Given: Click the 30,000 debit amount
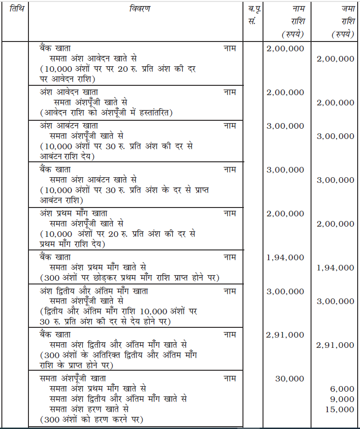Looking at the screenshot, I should pyautogui.click(x=290, y=379).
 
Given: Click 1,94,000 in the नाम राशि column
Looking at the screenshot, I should pyautogui.click(x=285, y=257).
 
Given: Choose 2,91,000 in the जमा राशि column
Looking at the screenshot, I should pyautogui.click(x=335, y=345).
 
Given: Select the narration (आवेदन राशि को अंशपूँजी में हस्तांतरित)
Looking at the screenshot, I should pyautogui.click(x=106, y=113).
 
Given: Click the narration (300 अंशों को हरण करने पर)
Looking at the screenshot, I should pyautogui.click(x=91, y=420).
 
